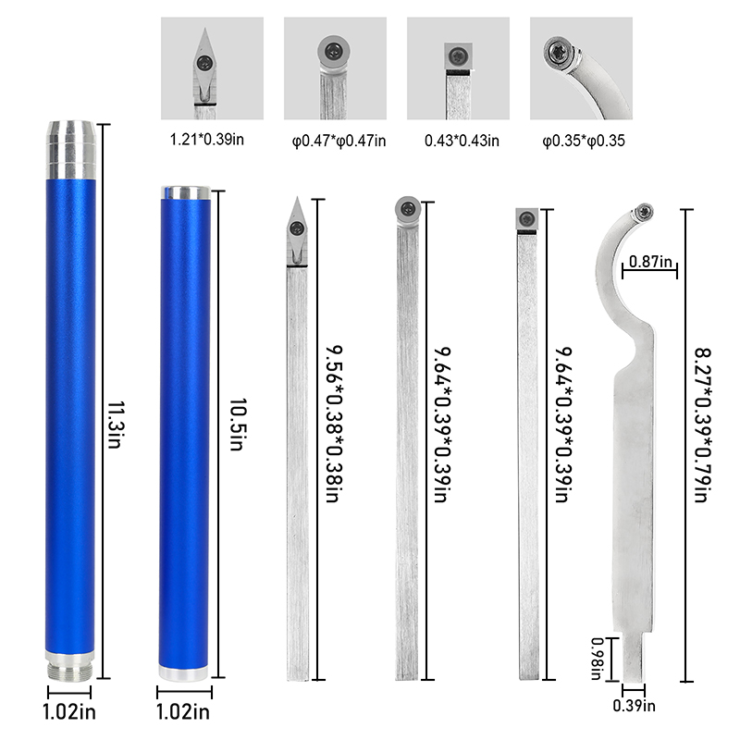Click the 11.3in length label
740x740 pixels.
[x=116, y=425]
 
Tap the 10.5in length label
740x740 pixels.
[x=238, y=425]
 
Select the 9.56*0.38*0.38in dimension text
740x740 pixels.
[x=334, y=424]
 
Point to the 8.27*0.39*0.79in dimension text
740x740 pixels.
[x=703, y=425]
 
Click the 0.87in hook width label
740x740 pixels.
[x=650, y=262]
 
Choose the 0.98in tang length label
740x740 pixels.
[x=598, y=659]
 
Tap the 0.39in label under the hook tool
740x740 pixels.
[x=634, y=706]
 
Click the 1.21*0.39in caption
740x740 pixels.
[x=206, y=140]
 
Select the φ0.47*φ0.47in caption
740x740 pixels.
[x=339, y=141]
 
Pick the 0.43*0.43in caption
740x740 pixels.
[x=462, y=141]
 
